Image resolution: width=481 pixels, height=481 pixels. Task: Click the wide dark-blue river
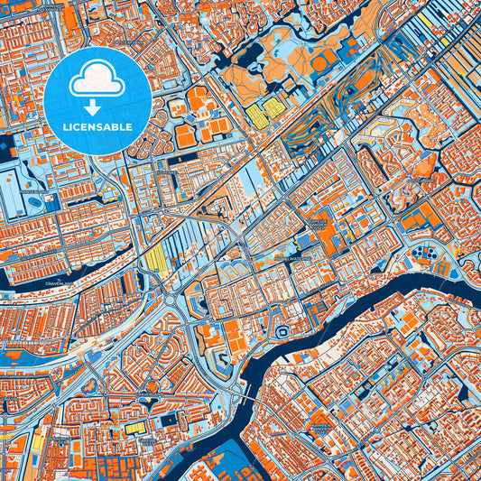tap(379, 289)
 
